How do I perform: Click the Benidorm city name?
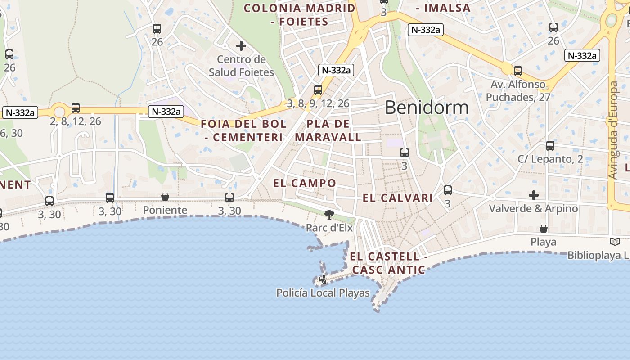point(427,108)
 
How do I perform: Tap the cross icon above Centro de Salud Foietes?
point(241,46)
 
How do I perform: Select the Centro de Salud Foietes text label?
point(241,66)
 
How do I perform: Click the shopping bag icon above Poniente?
point(165,197)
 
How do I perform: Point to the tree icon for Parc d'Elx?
point(329,215)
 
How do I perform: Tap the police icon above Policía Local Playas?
point(323,280)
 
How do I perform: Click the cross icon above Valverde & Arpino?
point(533,195)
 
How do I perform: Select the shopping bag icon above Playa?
point(544,229)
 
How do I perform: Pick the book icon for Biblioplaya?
point(615,242)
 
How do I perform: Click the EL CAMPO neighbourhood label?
point(305,183)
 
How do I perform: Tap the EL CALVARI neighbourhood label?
point(398,198)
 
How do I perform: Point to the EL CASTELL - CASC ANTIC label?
point(388,263)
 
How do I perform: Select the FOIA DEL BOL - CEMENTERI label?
point(243,130)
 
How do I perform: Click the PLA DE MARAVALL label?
point(328,130)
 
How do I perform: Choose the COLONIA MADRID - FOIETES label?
point(299,14)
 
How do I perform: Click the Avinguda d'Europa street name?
point(613,130)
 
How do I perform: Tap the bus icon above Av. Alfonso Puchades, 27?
point(518,71)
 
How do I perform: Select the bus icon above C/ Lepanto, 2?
point(550,146)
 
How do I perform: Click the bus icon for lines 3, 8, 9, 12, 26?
point(318,90)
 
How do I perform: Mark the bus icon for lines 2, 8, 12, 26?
point(76,108)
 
